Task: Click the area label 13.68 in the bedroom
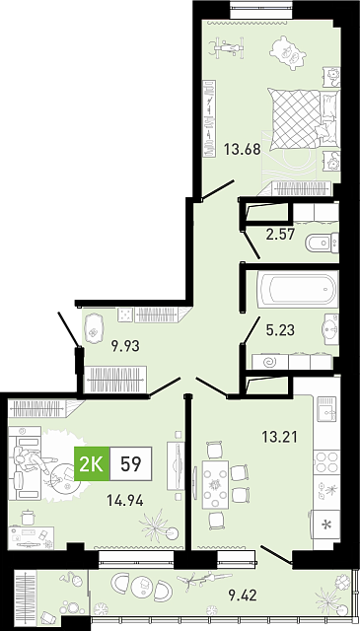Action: click(x=243, y=150)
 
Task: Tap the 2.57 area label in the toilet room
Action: click(x=281, y=235)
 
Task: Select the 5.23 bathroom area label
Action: click(x=280, y=330)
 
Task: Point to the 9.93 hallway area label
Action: click(x=125, y=346)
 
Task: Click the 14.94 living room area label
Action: click(x=125, y=501)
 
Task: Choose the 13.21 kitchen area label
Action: click(x=279, y=437)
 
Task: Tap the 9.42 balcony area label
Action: click(x=243, y=595)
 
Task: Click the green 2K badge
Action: click(x=92, y=463)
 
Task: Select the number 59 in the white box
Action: click(x=131, y=464)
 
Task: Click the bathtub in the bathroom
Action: click(x=298, y=289)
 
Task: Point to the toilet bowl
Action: click(x=323, y=244)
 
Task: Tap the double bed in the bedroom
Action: click(x=304, y=119)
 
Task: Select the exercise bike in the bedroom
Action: click(x=227, y=48)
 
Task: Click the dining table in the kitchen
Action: click(x=215, y=484)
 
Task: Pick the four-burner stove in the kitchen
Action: click(x=326, y=461)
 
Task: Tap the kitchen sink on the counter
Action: click(x=326, y=409)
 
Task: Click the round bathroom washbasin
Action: click(x=331, y=329)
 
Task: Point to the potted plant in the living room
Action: click(x=158, y=526)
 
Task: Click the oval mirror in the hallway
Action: click(x=94, y=328)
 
